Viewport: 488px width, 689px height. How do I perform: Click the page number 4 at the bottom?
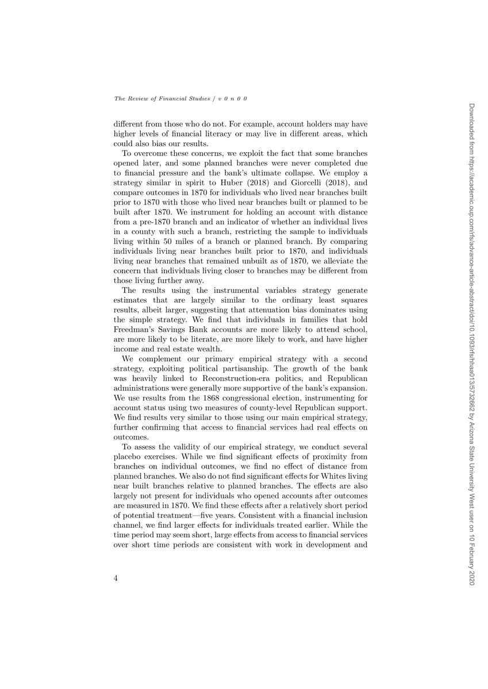[117, 578]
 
